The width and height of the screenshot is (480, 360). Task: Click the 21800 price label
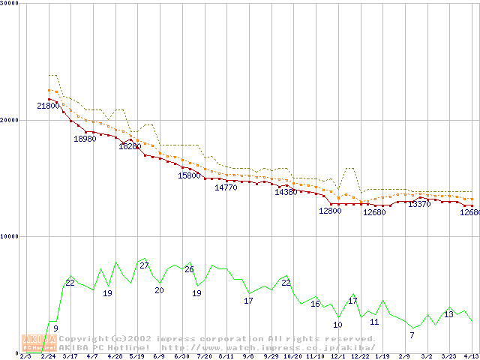click(x=48, y=106)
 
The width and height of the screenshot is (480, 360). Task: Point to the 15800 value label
click(x=189, y=175)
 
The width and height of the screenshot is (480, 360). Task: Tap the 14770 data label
click(x=226, y=187)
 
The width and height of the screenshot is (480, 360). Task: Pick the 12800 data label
click(x=330, y=211)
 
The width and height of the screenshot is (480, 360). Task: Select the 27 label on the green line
click(x=144, y=265)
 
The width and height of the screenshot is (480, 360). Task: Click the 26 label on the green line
click(x=189, y=269)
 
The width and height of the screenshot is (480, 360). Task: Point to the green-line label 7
click(x=412, y=334)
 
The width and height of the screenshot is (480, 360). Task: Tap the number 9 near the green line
click(x=55, y=328)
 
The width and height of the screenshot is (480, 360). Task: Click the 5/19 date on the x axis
click(x=136, y=356)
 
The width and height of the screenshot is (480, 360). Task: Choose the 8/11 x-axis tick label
click(x=226, y=356)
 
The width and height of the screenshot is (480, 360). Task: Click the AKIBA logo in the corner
click(x=38, y=343)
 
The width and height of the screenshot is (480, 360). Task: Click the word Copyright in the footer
click(x=82, y=339)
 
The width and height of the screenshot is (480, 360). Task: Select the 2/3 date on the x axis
click(x=25, y=356)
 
